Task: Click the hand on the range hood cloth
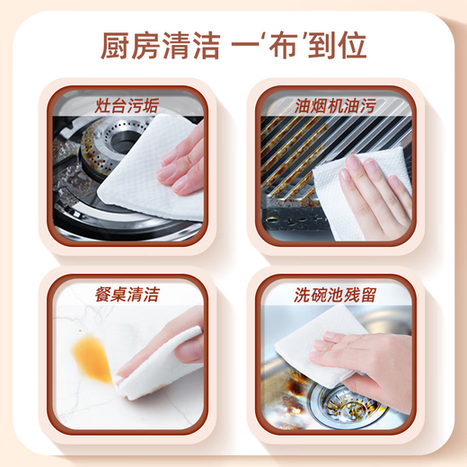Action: point(377,189)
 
